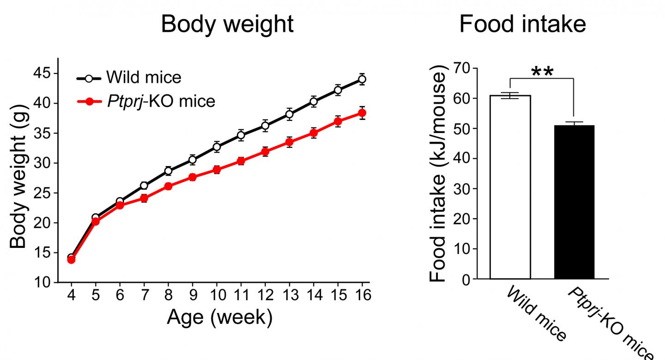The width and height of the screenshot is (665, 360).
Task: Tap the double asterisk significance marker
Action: pos(542,72)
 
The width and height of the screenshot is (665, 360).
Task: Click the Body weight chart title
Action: pos(227,24)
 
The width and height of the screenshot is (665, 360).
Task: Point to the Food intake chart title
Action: pos(522,24)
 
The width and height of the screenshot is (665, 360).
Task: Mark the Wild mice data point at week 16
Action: pos(362,79)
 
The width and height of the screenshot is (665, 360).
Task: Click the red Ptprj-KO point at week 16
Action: pos(362,113)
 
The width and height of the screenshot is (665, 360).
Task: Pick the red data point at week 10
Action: pos(217,170)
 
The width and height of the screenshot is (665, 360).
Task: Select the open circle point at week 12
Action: pos(265,125)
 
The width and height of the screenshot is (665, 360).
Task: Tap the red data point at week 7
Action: pos(144,198)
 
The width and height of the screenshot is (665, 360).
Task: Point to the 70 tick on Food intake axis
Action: pos(461,68)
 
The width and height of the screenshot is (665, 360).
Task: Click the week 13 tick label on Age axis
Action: pos(289,295)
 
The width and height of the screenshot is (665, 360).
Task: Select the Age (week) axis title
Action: pos(219,318)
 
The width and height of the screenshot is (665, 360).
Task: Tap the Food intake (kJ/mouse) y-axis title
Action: pos(439,175)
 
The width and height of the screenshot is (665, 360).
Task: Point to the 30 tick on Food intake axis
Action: pos(461,189)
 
